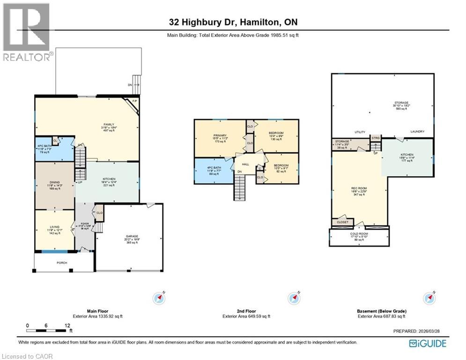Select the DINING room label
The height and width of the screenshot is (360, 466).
pos(55,183)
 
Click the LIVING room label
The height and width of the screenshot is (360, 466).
pos(55,227)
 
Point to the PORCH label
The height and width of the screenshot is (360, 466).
pos(62,263)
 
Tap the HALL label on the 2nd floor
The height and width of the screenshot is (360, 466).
pos(245,165)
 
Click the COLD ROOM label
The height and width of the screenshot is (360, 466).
pos(359,233)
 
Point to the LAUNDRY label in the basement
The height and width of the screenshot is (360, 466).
pos(417,132)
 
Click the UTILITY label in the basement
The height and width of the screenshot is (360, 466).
pos(360,132)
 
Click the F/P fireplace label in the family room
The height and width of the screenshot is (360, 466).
pos(134,101)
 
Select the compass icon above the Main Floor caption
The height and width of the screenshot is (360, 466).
pos(160,298)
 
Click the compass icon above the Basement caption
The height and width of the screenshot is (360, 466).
pos(429,298)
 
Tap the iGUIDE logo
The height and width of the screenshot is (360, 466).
pos(428,344)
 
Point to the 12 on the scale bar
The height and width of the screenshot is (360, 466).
pos(68,325)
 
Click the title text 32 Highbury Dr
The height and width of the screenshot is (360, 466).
pos(201,22)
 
